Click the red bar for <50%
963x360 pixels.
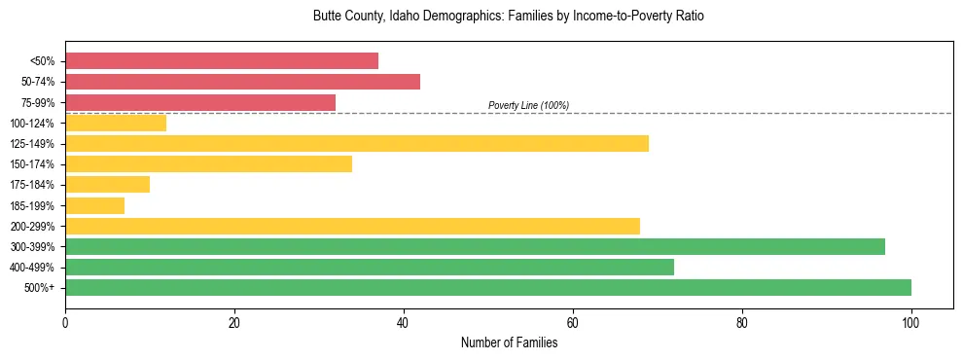(x=222, y=60)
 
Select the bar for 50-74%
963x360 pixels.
(x=242, y=81)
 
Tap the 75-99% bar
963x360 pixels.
(x=200, y=102)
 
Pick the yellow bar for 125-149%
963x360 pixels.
(x=357, y=143)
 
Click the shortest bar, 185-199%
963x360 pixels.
(x=94, y=205)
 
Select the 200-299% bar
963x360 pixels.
(x=352, y=226)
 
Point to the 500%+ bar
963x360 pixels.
(x=488, y=287)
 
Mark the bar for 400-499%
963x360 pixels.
(x=370, y=267)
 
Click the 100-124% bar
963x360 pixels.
(x=116, y=123)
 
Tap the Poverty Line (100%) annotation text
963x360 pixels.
(x=528, y=105)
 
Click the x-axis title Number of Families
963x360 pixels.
(x=509, y=342)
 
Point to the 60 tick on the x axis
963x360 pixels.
(x=573, y=323)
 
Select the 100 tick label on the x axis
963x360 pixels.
(x=911, y=323)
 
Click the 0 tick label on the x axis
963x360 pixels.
(x=65, y=323)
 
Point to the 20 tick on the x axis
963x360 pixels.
(x=234, y=323)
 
